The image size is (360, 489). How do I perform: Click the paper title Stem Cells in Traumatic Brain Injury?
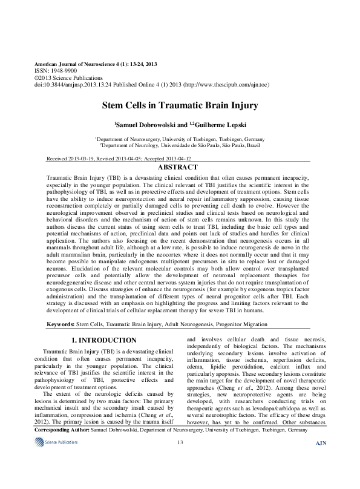pos(180,106)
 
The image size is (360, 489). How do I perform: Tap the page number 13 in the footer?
pos(180,476)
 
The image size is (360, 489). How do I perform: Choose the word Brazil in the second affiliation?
pos(252,146)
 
